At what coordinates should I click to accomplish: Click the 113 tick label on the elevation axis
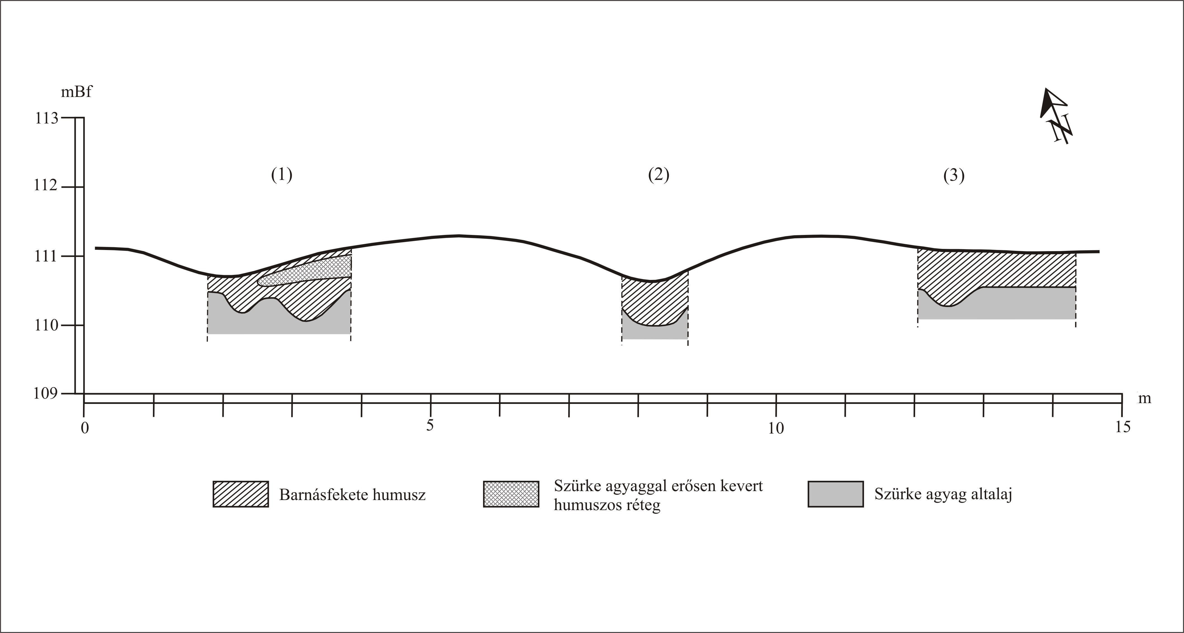(47, 118)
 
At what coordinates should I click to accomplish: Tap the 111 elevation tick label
(46, 256)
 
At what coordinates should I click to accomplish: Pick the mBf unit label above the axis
(76, 92)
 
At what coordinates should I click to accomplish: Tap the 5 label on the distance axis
(430, 425)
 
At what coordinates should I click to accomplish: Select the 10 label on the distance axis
(776, 429)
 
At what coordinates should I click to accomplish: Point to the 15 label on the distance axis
(1123, 427)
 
